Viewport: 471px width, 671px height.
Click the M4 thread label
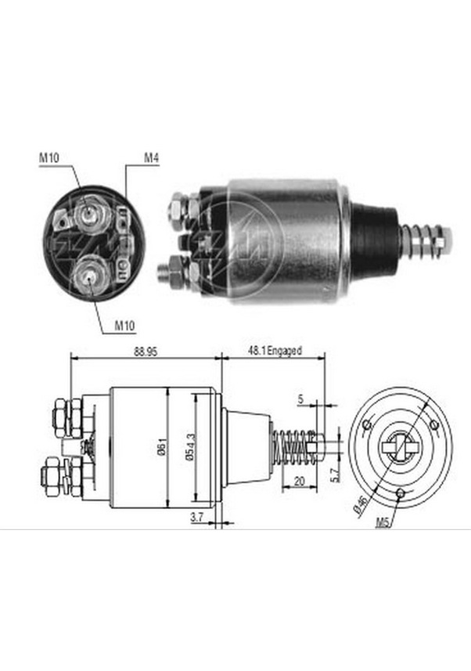(x=151, y=159)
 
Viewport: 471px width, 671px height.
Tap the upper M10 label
(x=49, y=159)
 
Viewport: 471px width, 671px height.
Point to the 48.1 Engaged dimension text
(x=275, y=353)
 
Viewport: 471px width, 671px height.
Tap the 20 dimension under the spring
(x=298, y=483)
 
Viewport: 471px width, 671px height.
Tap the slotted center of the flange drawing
(x=399, y=449)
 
